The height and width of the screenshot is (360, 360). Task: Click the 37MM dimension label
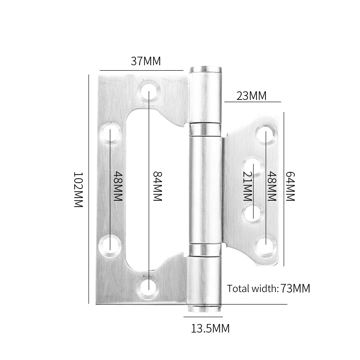[x=145, y=62]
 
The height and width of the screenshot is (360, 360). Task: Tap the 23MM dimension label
[x=251, y=95]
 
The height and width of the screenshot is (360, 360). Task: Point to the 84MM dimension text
[x=157, y=186]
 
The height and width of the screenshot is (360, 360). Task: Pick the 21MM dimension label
[x=247, y=186]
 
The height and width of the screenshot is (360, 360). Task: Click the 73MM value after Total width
[x=295, y=288]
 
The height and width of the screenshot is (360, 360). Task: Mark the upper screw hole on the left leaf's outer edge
[x=109, y=133]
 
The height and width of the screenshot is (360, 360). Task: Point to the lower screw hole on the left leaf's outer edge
[x=109, y=243]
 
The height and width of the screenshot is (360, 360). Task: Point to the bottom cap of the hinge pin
[x=205, y=307]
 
